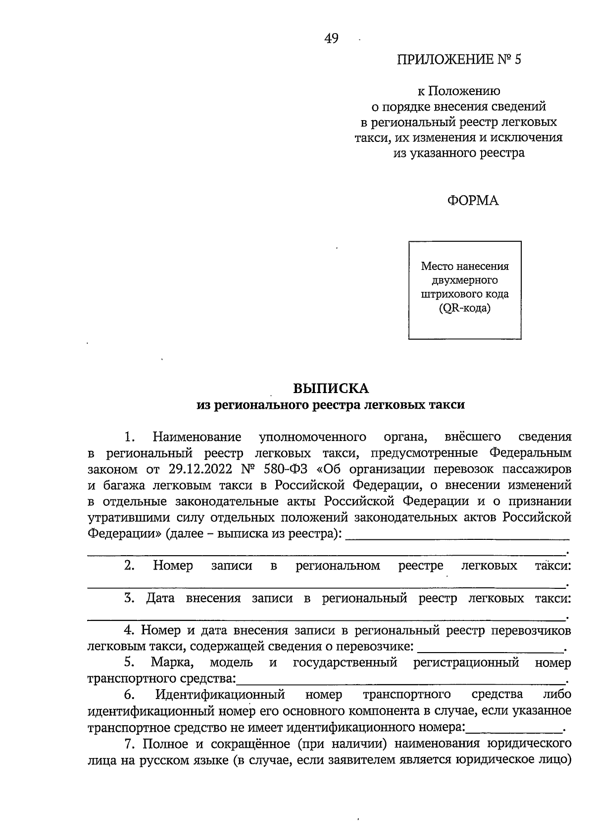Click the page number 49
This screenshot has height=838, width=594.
(331, 39)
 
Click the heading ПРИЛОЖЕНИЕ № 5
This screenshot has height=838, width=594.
(459, 60)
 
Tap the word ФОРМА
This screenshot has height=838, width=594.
(473, 200)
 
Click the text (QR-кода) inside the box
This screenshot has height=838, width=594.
(464, 309)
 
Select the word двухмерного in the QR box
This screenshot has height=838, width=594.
(464, 280)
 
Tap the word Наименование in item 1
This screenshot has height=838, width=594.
(197, 437)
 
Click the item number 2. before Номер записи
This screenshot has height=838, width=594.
(130, 566)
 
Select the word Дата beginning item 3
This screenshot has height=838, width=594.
(160, 598)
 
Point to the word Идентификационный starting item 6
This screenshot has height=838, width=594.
(220, 695)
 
